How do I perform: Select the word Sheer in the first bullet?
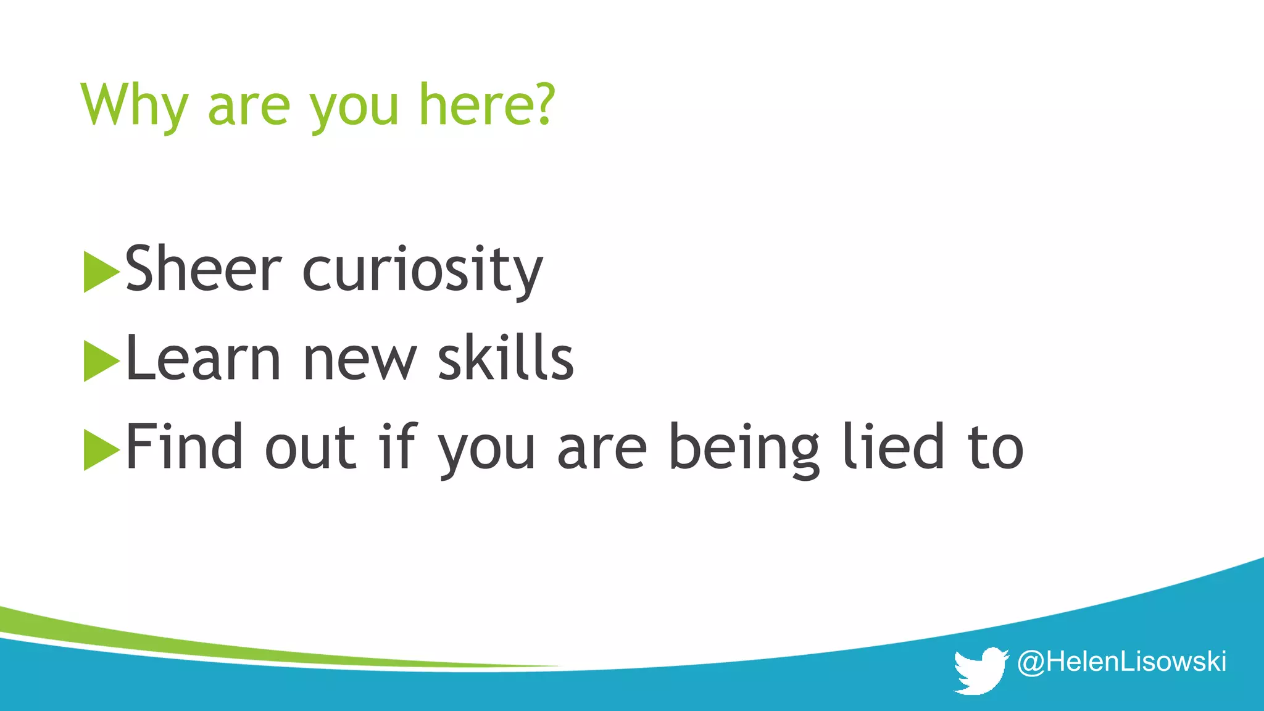click(x=203, y=269)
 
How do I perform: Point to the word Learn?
click(x=203, y=358)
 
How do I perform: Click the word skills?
click(x=505, y=358)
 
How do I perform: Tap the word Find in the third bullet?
click(x=185, y=447)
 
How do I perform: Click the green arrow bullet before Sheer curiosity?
click(x=101, y=272)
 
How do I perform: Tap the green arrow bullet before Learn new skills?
click(x=101, y=360)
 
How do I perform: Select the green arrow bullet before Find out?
click(x=101, y=449)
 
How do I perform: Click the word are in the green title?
click(x=249, y=106)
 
